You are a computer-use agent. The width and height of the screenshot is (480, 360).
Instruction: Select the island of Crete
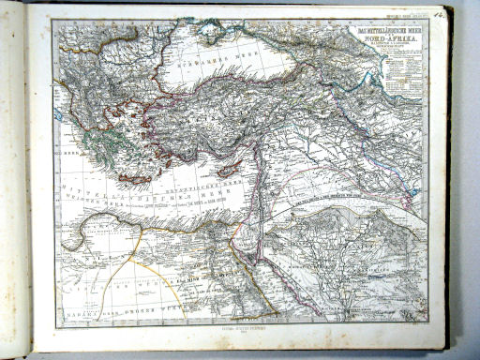pos(135,178)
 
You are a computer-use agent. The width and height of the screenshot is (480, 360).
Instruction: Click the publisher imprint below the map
pos(239,334)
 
